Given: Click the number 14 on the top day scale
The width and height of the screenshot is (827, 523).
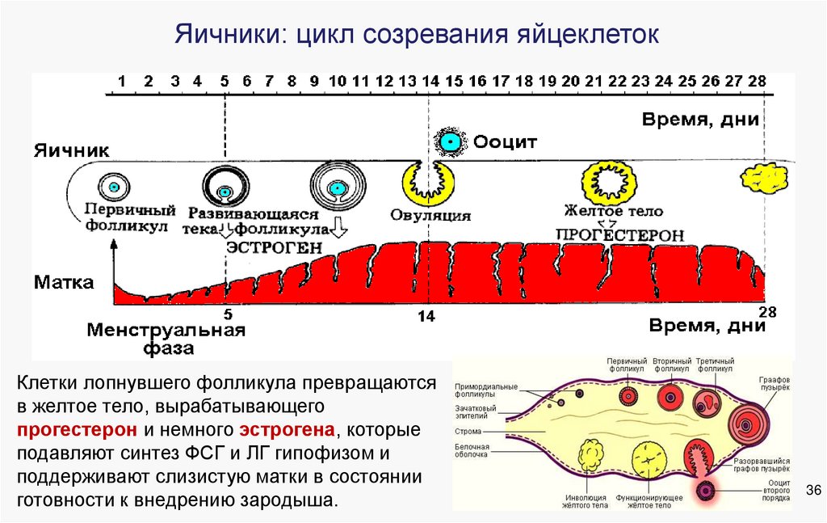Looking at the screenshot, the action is click(x=430, y=82).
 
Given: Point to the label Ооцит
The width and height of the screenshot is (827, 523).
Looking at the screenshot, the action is click(x=505, y=142).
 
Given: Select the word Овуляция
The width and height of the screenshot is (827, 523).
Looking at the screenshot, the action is click(x=430, y=216).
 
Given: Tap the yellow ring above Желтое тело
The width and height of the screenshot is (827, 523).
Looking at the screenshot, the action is click(x=612, y=181).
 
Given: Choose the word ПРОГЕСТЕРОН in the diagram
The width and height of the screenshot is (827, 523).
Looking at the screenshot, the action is click(x=619, y=234).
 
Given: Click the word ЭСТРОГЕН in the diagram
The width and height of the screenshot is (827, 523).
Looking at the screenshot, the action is click(x=274, y=247).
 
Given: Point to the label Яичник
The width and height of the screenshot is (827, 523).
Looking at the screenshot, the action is click(x=71, y=150).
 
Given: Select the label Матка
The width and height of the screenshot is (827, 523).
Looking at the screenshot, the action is click(x=64, y=283).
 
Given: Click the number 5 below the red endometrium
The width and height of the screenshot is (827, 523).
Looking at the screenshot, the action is click(x=227, y=314).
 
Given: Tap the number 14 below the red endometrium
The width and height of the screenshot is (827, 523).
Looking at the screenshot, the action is click(x=426, y=317).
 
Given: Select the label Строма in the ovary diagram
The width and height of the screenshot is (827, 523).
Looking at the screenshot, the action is click(x=468, y=432).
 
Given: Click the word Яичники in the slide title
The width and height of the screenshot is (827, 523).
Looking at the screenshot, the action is click(x=222, y=36).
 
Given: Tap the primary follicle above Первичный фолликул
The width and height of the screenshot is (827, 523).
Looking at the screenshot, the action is click(x=114, y=187).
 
